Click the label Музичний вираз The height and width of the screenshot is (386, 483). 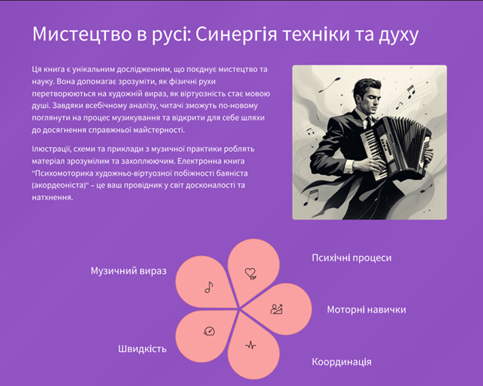pyautogui.click(x=128, y=270)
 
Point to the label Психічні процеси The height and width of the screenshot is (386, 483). pyautogui.click(x=352, y=258)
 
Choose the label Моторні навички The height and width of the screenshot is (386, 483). pyautogui.click(x=366, y=309)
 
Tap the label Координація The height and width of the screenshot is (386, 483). pyautogui.click(x=341, y=362)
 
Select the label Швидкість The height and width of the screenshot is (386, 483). pyautogui.click(x=142, y=348)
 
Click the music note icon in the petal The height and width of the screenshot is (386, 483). pyautogui.click(x=209, y=286)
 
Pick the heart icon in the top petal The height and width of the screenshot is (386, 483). pyautogui.click(x=251, y=273)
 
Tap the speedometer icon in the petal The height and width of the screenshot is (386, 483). pyautogui.click(x=209, y=331)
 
